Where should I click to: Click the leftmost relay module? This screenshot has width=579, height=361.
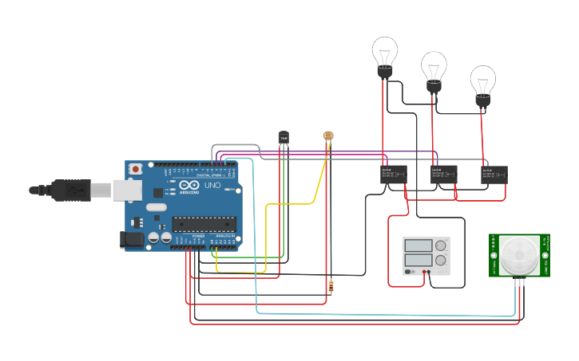point(393,174)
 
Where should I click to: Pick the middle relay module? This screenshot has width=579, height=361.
point(443,174)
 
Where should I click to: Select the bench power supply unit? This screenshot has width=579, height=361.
point(426,256)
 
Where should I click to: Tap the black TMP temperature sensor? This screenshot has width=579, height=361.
point(284,138)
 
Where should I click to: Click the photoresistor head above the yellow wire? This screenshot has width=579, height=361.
point(327,135)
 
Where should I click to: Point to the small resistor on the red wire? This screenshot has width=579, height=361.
point(331,284)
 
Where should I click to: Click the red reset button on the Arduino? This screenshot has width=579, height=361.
point(137,169)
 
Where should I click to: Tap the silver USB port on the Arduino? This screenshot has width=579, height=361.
point(125,190)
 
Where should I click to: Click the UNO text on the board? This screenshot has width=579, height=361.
point(212,185)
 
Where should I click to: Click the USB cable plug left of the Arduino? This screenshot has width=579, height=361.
point(72,190)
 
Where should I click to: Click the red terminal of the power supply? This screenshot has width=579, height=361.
point(422,272)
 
